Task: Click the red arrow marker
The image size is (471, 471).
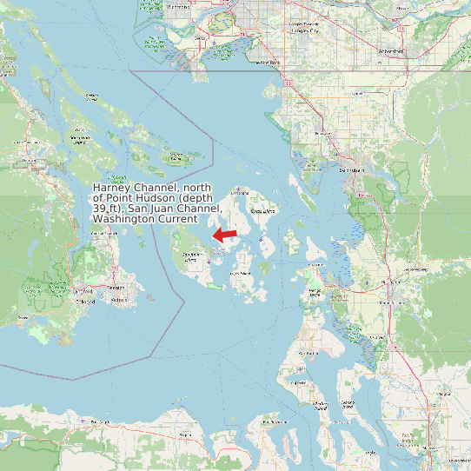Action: [226, 235]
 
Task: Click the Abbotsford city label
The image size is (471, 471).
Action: [392, 51]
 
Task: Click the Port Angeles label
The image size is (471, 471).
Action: [96, 421]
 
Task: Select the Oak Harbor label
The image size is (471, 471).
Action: [309, 354]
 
